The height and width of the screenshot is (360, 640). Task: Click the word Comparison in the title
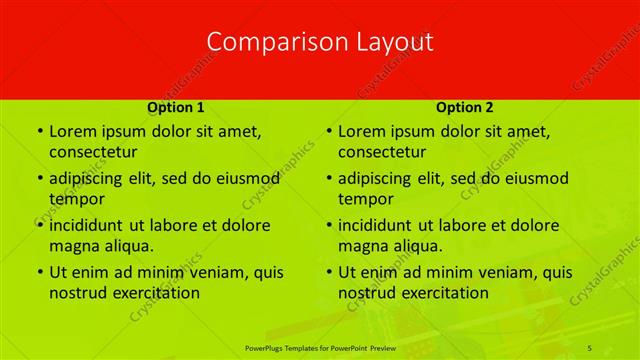266,42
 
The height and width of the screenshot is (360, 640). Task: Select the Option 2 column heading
464,106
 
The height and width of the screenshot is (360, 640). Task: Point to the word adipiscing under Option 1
90,178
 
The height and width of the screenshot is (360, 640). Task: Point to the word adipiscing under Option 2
379,178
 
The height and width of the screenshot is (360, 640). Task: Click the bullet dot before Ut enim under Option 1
39,272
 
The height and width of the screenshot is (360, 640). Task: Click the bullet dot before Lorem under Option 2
328,131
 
